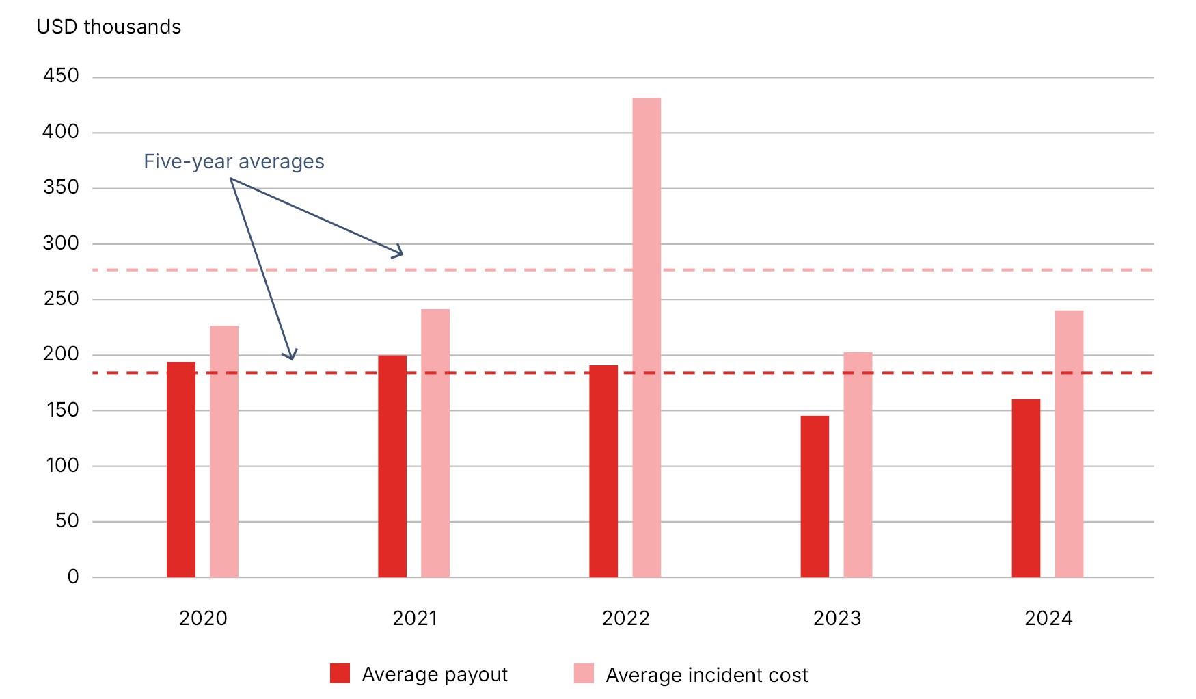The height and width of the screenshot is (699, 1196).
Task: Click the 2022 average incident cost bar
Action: click(x=646, y=338)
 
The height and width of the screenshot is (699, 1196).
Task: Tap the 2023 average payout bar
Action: click(x=815, y=497)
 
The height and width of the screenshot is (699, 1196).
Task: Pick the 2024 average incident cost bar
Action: click(x=1069, y=444)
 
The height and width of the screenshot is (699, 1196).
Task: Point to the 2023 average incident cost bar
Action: click(x=858, y=464)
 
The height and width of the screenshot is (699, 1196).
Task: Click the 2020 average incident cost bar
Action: click(x=224, y=451)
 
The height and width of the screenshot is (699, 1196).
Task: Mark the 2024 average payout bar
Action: click(x=1026, y=488)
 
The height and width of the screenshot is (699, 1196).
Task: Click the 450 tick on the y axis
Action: click(x=61, y=76)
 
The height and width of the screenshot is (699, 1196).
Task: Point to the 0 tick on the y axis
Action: click(x=73, y=577)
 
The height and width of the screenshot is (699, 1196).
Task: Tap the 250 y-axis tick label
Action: click(x=61, y=299)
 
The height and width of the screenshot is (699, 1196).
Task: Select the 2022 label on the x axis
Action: click(x=625, y=618)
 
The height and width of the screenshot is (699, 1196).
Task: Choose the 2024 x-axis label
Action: click(x=1048, y=618)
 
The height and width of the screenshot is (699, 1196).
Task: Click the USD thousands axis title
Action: click(x=109, y=27)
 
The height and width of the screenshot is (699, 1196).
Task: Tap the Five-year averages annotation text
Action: click(x=234, y=161)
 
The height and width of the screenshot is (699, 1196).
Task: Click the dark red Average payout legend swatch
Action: click(x=340, y=674)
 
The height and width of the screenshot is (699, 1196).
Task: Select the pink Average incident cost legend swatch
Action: click(x=584, y=674)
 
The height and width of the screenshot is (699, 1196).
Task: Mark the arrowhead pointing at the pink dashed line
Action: click(x=398, y=252)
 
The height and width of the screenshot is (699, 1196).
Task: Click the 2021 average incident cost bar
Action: click(x=435, y=443)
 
